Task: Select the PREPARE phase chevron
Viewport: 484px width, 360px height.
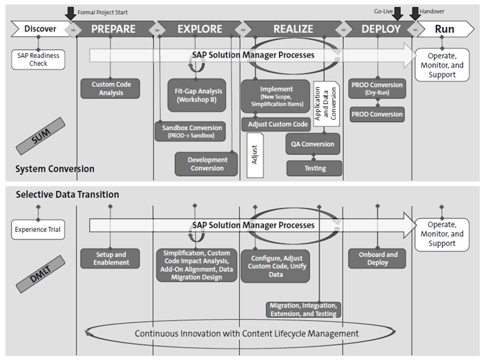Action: pyautogui.click(x=113, y=29)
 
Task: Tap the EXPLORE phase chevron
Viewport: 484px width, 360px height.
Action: pyautogui.click(x=199, y=29)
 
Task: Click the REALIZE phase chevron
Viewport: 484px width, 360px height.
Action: pyautogui.click(x=293, y=29)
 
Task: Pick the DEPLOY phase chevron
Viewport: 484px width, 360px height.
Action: pyautogui.click(x=380, y=29)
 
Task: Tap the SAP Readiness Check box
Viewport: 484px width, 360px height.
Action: pyautogui.click(x=38, y=60)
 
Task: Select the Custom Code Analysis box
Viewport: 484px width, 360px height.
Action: pyautogui.click(x=111, y=88)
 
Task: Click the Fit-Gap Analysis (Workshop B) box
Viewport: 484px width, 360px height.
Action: pyautogui.click(x=196, y=95)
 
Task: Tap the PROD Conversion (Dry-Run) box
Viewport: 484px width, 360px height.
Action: pyautogui.click(x=377, y=88)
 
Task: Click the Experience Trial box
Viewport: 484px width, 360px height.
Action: pyautogui.click(x=38, y=231)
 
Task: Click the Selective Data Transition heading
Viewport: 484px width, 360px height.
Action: pyautogui.click(x=67, y=194)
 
